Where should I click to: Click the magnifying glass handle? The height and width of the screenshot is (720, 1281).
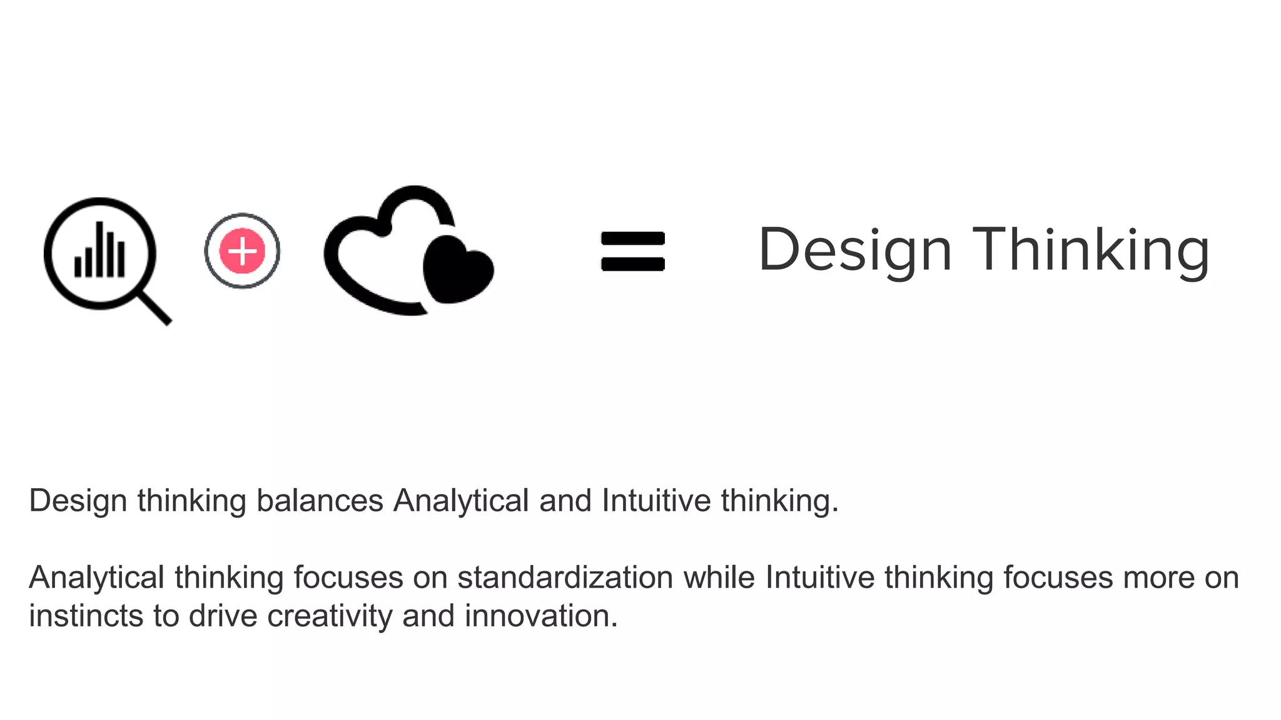tap(154, 307)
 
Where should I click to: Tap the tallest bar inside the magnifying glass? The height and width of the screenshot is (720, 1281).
tap(99, 249)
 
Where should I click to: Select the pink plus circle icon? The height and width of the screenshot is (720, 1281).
tap(242, 251)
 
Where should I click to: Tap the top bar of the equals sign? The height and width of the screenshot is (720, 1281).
tap(632, 239)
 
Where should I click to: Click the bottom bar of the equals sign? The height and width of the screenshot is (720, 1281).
tap(632, 264)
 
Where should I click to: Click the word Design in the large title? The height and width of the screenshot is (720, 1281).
tap(854, 250)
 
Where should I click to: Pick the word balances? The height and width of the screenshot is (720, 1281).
tap(320, 501)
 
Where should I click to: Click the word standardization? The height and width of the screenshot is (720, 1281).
tap(565, 577)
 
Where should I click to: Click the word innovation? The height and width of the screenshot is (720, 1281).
tap(540, 616)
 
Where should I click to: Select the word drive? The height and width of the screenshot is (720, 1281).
tap(223, 616)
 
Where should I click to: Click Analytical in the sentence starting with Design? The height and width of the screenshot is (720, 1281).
tap(461, 501)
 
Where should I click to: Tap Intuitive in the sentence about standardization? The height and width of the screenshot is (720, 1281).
tap(819, 577)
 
